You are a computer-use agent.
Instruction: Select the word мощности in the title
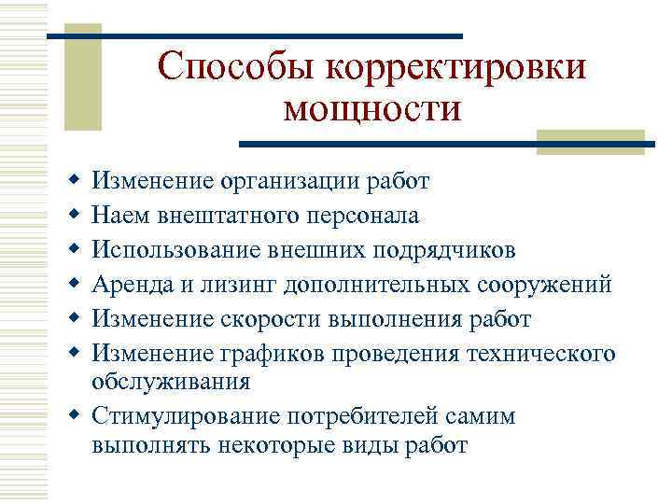[x=371, y=109]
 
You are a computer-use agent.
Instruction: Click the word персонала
[x=361, y=216]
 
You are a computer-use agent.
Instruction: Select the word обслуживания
[x=171, y=380]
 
